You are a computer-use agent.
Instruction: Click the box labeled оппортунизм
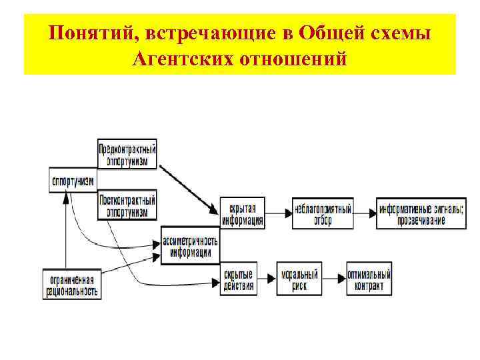[72, 180]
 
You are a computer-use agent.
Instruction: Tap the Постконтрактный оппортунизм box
[127, 205]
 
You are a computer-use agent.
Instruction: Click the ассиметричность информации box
[190, 246]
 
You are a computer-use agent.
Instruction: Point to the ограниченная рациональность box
[72, 284]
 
